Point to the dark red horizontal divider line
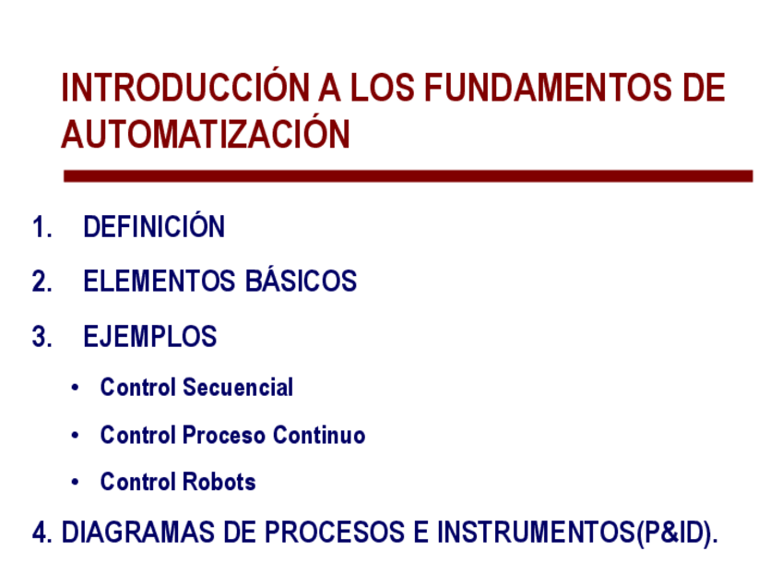pyautogui.click(x=408, y=176)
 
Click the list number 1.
pyautogui.click(x=41, y=227)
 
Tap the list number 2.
pyautogui.click(x=41, y=281)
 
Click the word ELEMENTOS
pyautogui.click(x=160, y=281)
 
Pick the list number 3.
pyautogui.click(x=41, y=336)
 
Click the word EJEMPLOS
pyautogui.click(x=150, y=336)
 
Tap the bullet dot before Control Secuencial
pyautogui.click(x=75, y=388)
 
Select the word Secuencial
pyautogui.click(x=238, y=388)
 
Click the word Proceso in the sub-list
pyautogui.click(x=223, y=435)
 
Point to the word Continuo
pyautogui.click(x=319, y=435)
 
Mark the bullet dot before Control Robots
pyautogui.click(x=75, y=482)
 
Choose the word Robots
pyautogui.click(x=219, y=482)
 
